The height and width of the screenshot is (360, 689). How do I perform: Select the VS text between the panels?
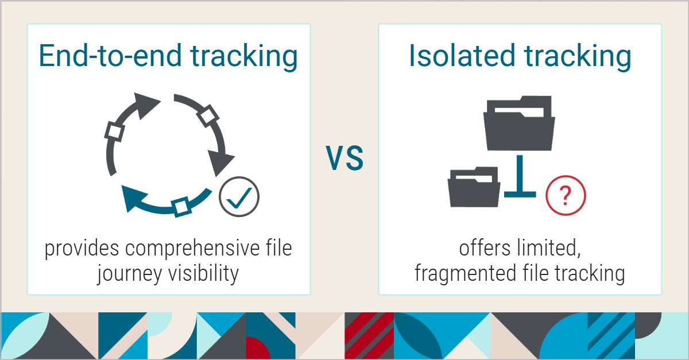(x=345, y=158)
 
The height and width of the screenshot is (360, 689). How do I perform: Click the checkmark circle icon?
(x=239, y=196)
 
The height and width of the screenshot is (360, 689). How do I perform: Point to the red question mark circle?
(x=566, y=195)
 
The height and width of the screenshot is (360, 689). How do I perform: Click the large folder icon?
(x=519, y=123)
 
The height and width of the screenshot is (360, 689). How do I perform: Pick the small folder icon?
(x=474, y=187)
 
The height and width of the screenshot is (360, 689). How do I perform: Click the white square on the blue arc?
(x=181, y=207)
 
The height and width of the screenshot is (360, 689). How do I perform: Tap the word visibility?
(x=203, y=273)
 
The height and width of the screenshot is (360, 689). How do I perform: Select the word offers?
(x=485, y=248)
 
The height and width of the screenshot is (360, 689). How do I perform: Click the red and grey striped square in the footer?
(x=369, y=336)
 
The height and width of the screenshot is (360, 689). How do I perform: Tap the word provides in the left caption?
(x=82, y=249)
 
